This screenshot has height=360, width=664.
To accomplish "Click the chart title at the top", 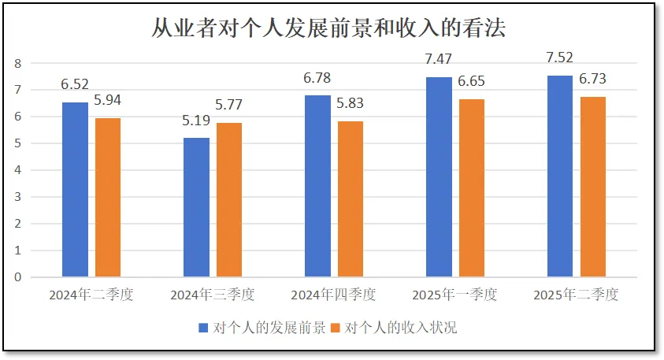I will pos(328,29).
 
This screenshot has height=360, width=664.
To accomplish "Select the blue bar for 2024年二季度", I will pos(76,189).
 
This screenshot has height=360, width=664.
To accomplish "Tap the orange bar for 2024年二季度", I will pos(108,197).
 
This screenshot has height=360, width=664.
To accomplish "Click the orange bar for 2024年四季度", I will pos(351,199).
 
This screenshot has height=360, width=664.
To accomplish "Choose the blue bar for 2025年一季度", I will pos(440,176).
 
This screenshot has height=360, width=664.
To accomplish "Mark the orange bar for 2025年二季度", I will pos(593,187).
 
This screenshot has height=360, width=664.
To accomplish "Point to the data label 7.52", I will pos(559,58).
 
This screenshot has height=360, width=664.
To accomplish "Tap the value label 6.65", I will pos(471,82).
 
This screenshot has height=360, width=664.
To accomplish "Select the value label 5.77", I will pos(230,105).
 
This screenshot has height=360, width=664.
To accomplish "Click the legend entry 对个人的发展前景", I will pos(262,328).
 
